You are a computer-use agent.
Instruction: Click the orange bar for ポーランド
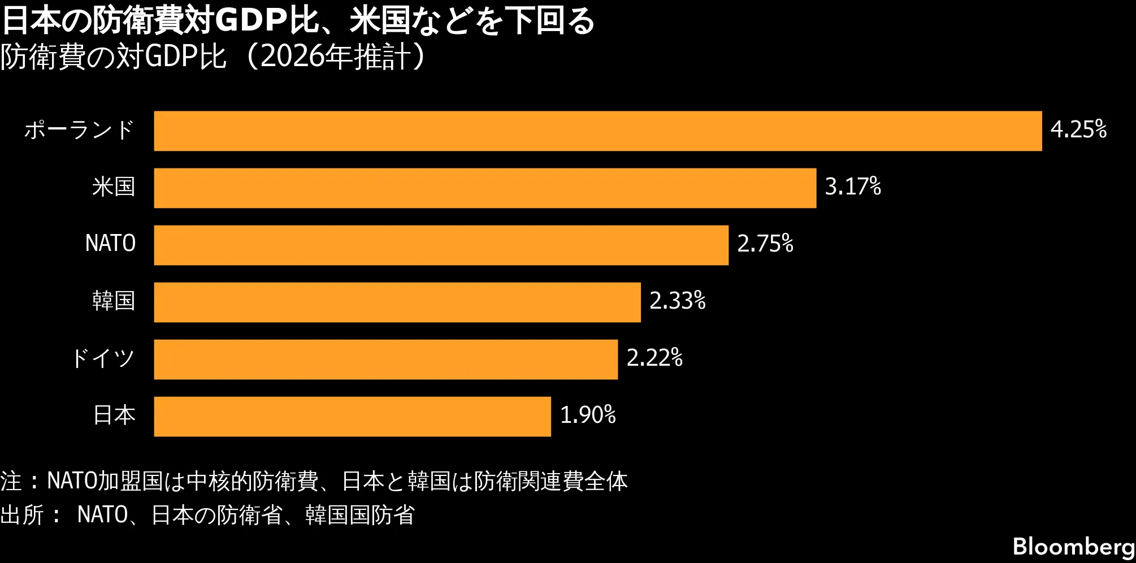point(598,131)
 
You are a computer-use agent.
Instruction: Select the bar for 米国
point(485,188)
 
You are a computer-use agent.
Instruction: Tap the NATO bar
point(441,245)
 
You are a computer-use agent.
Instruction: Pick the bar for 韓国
point(397,302)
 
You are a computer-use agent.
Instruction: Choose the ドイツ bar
point(386,360)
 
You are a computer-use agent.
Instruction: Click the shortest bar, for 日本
point(353,417)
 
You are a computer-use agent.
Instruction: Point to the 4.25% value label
point(1078,129)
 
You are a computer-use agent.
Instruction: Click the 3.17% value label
point(853,187)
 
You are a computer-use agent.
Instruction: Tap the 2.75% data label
point(765,244)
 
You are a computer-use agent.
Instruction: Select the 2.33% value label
point(678,301)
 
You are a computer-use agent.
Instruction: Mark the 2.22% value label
point(654,358)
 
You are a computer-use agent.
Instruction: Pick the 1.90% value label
point(588,415)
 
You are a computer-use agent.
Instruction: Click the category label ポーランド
point(79,130)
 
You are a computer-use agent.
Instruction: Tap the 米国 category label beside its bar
point(114,187)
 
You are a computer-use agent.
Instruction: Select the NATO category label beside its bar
point(110,244)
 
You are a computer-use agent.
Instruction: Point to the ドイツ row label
point(102,358)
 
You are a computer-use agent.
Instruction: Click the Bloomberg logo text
point(1074,547)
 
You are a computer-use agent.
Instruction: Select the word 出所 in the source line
point(22,515)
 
